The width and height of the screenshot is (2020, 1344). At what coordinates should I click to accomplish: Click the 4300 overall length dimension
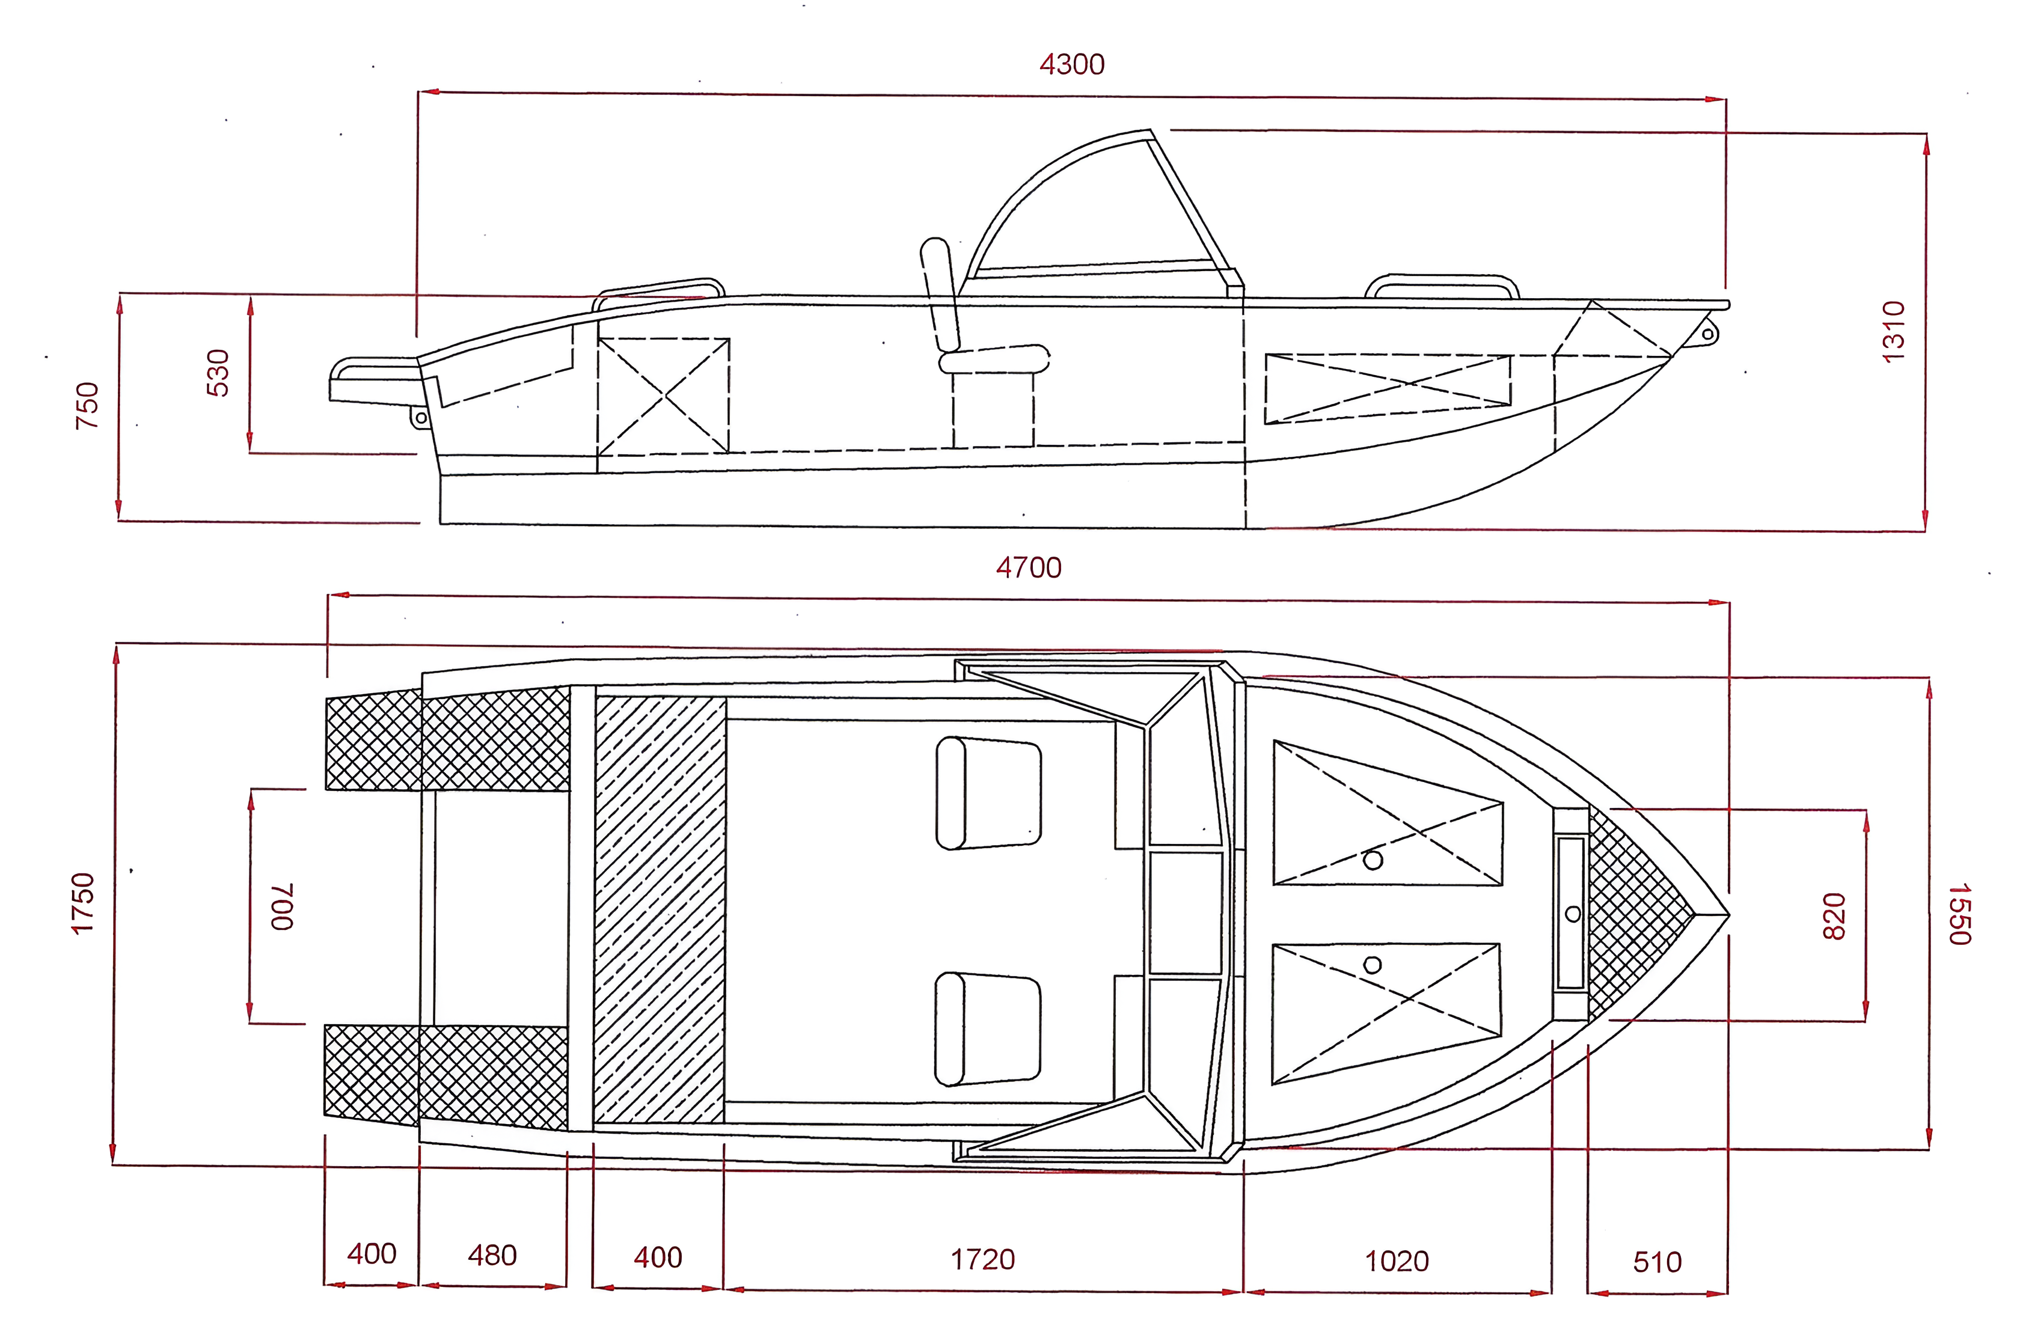(x=1072, y=64)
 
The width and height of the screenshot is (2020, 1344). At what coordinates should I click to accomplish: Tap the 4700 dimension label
(x=1029, y=567)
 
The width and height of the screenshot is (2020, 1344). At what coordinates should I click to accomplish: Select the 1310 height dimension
(x=1893, y=332)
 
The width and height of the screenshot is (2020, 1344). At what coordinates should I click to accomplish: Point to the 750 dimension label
(x=87, y=406)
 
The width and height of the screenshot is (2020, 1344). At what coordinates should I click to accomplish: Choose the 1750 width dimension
(x=82, y=903)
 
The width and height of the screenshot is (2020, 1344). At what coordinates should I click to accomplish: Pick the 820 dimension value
(x=1833, y=915)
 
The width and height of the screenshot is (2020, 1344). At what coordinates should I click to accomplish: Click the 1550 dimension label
(x=1960, y=914)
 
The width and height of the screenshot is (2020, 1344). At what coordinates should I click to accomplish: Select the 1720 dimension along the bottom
(x=982, y=1259)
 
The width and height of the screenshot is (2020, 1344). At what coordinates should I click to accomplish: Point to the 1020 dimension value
(x=1397, y=1261)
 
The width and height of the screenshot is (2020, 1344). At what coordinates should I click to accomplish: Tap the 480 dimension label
(x=492, y=1256)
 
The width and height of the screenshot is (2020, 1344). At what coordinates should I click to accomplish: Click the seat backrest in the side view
(x=940, y=294)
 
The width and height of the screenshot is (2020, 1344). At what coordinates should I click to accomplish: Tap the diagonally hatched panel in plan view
(x=660, y=909)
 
